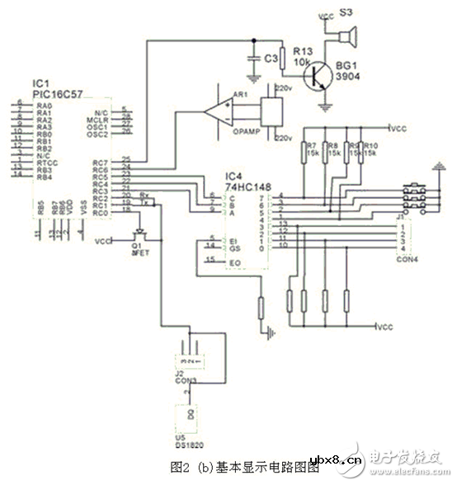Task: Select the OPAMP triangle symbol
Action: pyautogui.click(x=219, y=109)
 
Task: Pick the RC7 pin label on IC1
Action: pyautogui.click(x=101, y=162)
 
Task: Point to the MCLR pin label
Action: pyautogui.click(x=101, y=120)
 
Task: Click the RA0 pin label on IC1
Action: pyautogui.click(x=44, y=106)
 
